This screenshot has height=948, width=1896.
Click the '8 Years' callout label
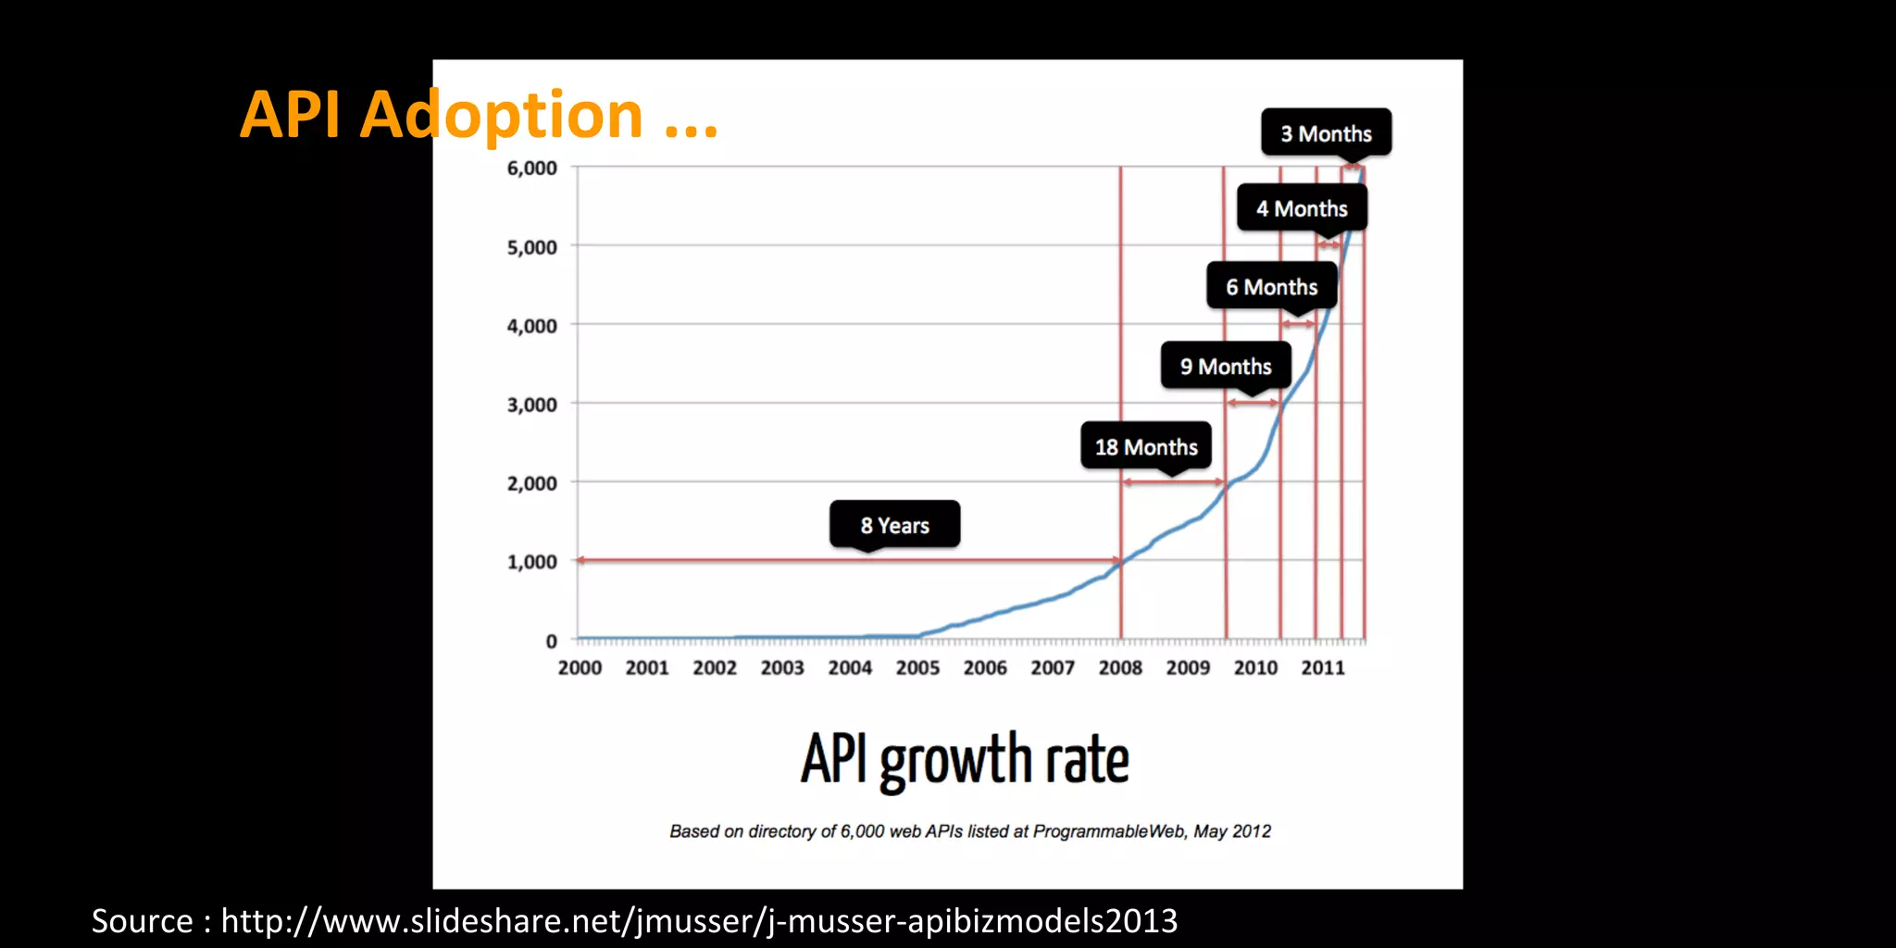894,525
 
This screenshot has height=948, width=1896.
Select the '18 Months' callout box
1146,446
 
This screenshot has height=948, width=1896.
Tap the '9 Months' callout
1226,366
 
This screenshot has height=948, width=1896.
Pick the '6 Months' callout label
1271,286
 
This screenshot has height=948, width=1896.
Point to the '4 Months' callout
1302,208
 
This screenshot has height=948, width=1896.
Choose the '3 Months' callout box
1326,133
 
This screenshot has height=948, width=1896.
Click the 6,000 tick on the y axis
531,168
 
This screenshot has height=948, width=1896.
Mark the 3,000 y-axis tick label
531,405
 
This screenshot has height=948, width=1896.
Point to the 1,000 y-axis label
531,562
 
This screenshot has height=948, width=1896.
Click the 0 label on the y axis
551,641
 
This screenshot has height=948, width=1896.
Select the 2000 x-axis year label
580,667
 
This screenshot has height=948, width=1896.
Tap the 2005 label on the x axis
917,667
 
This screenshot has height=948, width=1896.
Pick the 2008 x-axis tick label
1120,667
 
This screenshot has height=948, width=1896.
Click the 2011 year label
1323,667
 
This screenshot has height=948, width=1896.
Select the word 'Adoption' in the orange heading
501,116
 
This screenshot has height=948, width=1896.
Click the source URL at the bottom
699,921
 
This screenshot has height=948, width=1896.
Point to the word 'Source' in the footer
142,921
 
